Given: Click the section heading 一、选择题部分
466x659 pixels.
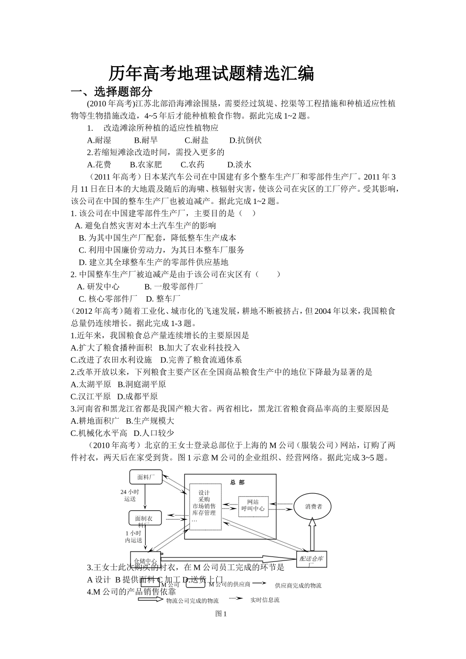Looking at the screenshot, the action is click(x=112, y=92).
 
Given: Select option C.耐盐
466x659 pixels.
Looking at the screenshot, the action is click(x=196, y=140).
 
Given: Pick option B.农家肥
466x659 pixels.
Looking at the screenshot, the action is click(x=146, y=165).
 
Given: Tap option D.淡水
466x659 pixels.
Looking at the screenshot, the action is click(x=239, y=165).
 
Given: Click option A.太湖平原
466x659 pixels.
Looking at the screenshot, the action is click(x=91, y=384).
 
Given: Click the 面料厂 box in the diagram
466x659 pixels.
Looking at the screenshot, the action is click(x=146, y=477).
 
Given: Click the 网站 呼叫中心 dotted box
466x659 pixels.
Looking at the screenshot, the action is click(x=253, y=506).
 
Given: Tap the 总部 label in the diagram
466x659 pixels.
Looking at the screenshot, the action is click(x=237, y=482).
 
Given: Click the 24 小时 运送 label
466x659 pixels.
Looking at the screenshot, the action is click(x=130, y=495).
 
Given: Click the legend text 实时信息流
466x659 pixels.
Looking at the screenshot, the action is click(x=264, y=600).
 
